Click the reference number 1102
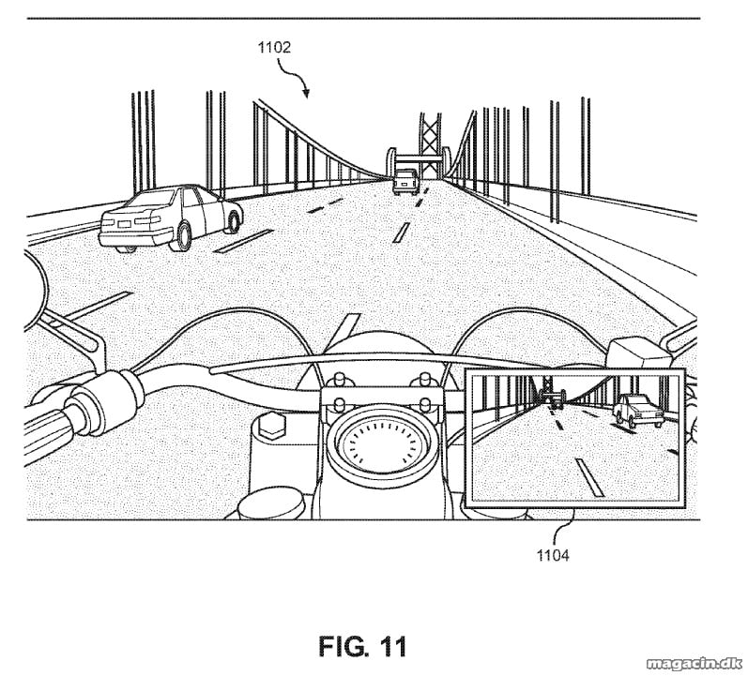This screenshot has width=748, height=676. click(274, 47)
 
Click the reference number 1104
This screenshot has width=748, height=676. click(553, 555)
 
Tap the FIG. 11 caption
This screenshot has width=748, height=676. click(362, 646)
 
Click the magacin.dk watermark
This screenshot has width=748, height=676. click(695, 663)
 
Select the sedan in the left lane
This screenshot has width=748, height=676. click(171, 218)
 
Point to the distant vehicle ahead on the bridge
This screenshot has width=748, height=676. click(405, 182)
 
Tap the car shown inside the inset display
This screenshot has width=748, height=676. click(638, 411)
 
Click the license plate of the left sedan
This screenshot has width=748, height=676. click(125, 224)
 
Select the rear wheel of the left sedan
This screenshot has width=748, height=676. click(183, 236)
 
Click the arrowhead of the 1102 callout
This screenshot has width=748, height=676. click(305, 93)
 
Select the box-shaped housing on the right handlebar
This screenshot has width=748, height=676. click(640, 353)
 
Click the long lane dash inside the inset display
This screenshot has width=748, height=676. click(590, 476)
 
